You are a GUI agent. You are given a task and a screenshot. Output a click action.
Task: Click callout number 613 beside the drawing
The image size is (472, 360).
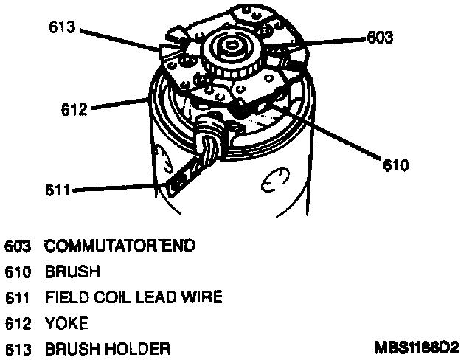(63, 27)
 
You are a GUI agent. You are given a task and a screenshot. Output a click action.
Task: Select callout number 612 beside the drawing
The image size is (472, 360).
(74, 110)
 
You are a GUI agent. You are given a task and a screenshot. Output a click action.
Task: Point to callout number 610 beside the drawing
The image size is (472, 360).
(395, 165)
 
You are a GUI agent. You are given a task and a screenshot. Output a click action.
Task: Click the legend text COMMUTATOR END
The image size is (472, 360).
(120, 246)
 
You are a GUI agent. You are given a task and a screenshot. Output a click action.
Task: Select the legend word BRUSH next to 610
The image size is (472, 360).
(72, 271)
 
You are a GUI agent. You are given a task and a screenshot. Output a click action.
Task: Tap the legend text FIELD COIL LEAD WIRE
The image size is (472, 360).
(133, 297)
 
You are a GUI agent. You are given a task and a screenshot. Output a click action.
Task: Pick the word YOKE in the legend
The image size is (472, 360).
(66, 322)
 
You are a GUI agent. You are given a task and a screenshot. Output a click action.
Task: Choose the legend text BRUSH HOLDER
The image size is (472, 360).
(108, 347)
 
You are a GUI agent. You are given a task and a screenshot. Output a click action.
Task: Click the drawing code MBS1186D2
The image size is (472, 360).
(416, 347)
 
